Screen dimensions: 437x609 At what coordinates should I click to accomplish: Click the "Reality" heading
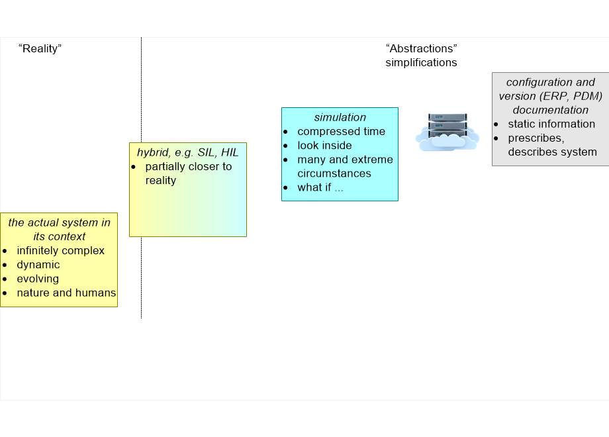pos(40,48)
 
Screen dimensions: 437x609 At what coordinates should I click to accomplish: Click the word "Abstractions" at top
pos(421,48)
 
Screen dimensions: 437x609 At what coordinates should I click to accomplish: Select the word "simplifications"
pos(421,62)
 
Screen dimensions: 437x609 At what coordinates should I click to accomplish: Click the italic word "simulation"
pos(340,117)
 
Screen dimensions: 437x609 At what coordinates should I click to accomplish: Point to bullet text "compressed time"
pos(341,131)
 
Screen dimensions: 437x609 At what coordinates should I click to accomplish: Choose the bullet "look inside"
pos(324,145)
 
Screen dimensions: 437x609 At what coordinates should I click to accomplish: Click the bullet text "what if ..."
pos(320,187)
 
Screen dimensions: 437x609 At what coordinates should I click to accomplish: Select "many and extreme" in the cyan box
pos(345,160)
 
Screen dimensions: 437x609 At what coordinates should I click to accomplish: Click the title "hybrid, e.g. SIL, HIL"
pos(187,152)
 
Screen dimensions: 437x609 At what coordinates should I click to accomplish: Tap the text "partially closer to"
pos(189,166)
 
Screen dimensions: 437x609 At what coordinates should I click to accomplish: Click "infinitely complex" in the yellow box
pos(61,250)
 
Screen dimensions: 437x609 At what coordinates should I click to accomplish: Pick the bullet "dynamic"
pos(38,264)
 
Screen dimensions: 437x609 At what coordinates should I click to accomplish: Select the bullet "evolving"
pos(38,279)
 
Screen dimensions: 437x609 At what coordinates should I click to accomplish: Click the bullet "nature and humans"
pos(66,293)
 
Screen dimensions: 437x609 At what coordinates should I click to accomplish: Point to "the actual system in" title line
pos(59,222)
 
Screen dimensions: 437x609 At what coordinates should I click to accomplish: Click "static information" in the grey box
pos(551,124)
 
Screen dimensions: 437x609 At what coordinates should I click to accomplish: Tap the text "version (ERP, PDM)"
pos(550,96)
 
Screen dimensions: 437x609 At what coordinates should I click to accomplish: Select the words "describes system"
pos(552,152)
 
